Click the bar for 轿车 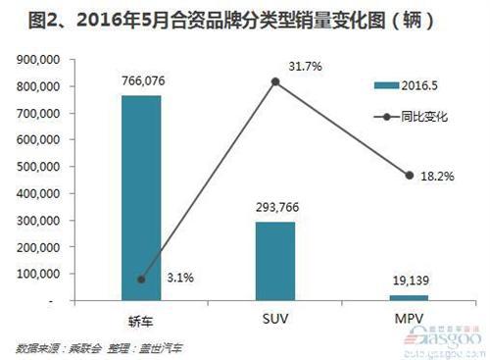[x=141, y=196]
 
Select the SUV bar [x=275, y=260]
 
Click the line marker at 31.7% [x=275, y=81]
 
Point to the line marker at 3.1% [x=141, y=280]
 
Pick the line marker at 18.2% [x=410, y=176]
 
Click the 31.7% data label [x=305, y=67]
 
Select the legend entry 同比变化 [x=423, y=117]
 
